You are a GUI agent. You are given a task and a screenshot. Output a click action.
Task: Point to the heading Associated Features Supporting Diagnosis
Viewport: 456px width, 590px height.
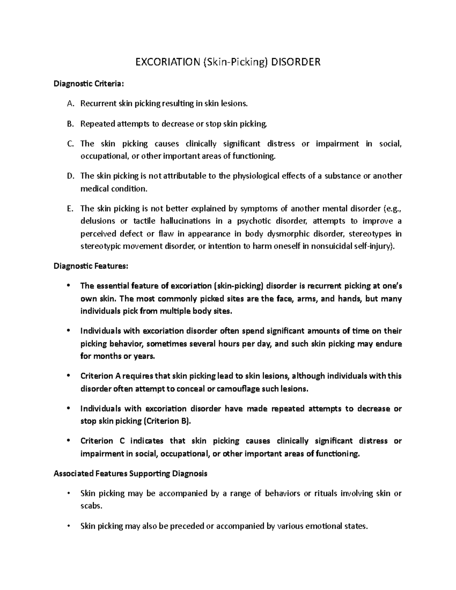pos(130,473)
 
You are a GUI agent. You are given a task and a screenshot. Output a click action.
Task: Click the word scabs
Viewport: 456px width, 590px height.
pos(92,506)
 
